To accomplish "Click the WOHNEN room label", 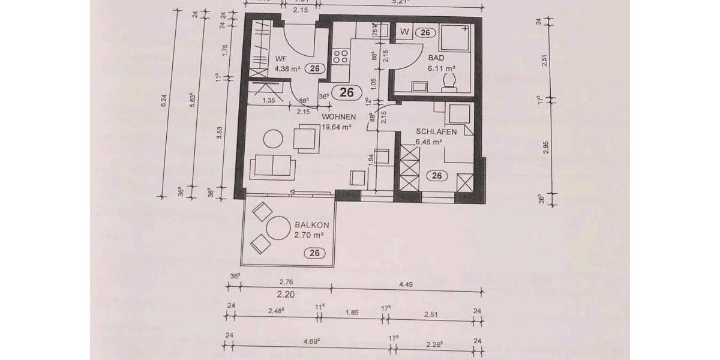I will (339, 117).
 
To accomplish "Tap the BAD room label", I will (437, 59).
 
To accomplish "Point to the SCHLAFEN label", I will (437, 132).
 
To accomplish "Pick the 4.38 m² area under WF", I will (287, 68).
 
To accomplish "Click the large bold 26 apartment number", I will (347, 92).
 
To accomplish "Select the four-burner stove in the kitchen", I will (341, 56).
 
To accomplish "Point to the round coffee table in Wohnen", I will (274, 139).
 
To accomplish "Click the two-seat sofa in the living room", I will (274, 165).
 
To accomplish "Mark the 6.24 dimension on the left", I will (164, 103).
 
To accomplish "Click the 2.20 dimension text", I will (286, 295).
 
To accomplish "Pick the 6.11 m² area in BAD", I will (439, 68).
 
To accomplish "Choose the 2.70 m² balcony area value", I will (309, 235).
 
